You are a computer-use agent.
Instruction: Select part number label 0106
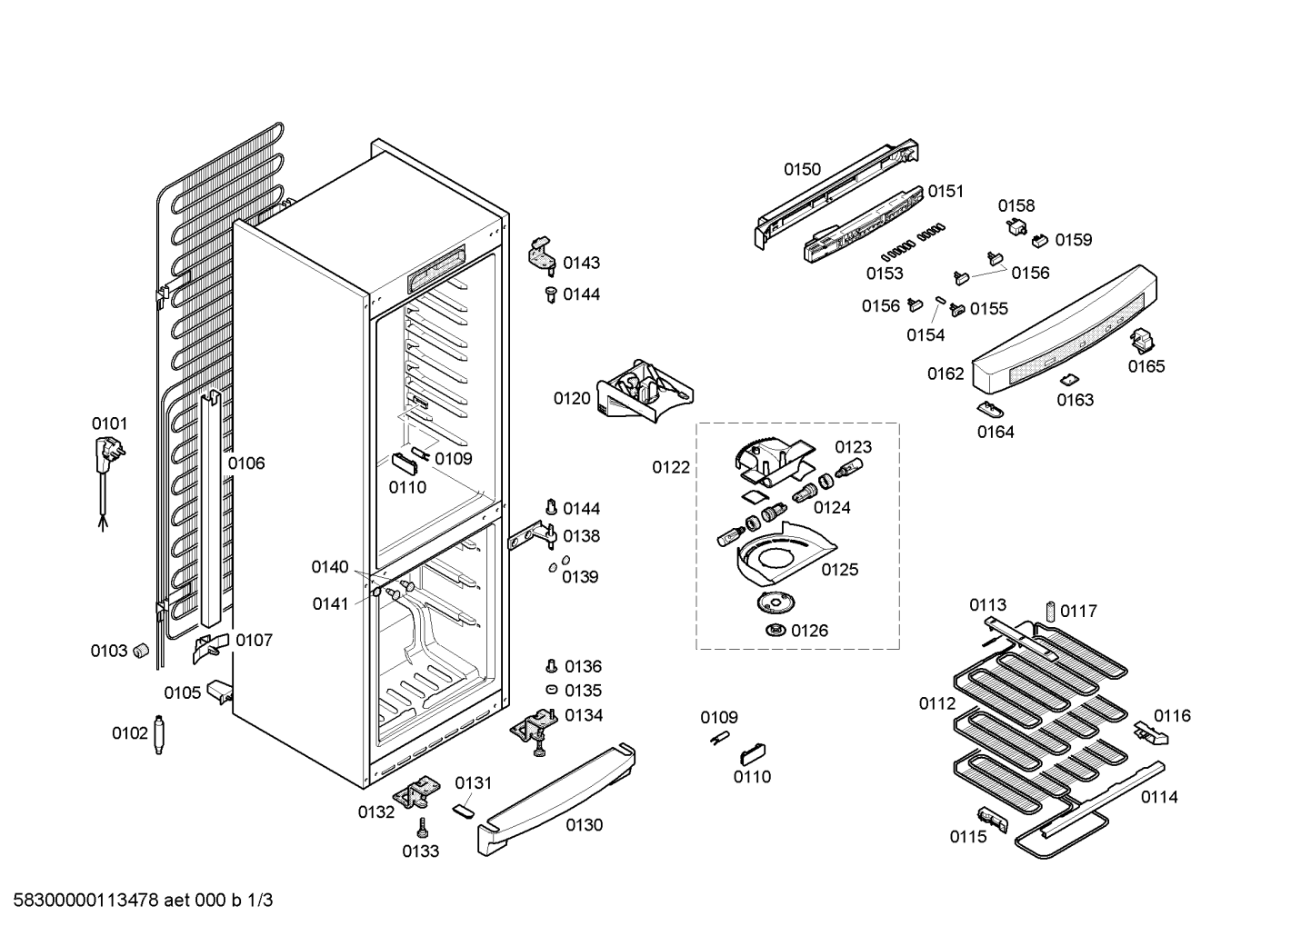pyautogui.click(x=246, y=463)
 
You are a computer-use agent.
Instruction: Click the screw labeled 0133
pyautogui.click(x=422, y=828)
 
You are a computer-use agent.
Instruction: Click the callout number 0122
pyautogui.click(x=671, y=468)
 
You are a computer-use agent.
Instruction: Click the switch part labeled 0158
pyautogui.click(x=1016, y=226)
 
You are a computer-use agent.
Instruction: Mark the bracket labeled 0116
pyautogui.click(x=1148, y=731)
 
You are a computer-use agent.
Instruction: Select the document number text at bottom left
pyautogui.click(x=137, y=901)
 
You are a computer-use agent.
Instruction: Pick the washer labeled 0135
pyautogui.click(x=550, y=691)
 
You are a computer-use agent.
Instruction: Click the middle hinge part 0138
pyautogui.click(x=530, y=540)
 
